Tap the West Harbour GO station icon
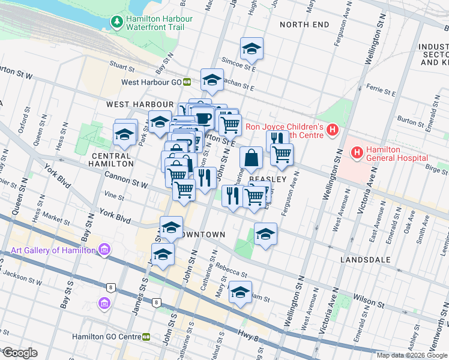click(x=187, y=82)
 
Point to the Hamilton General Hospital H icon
click(x=357, y=152)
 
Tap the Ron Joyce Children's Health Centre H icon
click(x=331, y=130)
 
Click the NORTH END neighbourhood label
click(x=304, y=24)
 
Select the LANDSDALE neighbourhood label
click(x=365, y=260)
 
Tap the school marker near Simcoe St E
click(x=252, y=49)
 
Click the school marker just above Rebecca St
click(x=265, y=233)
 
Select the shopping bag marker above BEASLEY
click(x=251, y=159)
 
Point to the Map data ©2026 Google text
click(x=412, y=355)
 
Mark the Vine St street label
click(x=113, y=196)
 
